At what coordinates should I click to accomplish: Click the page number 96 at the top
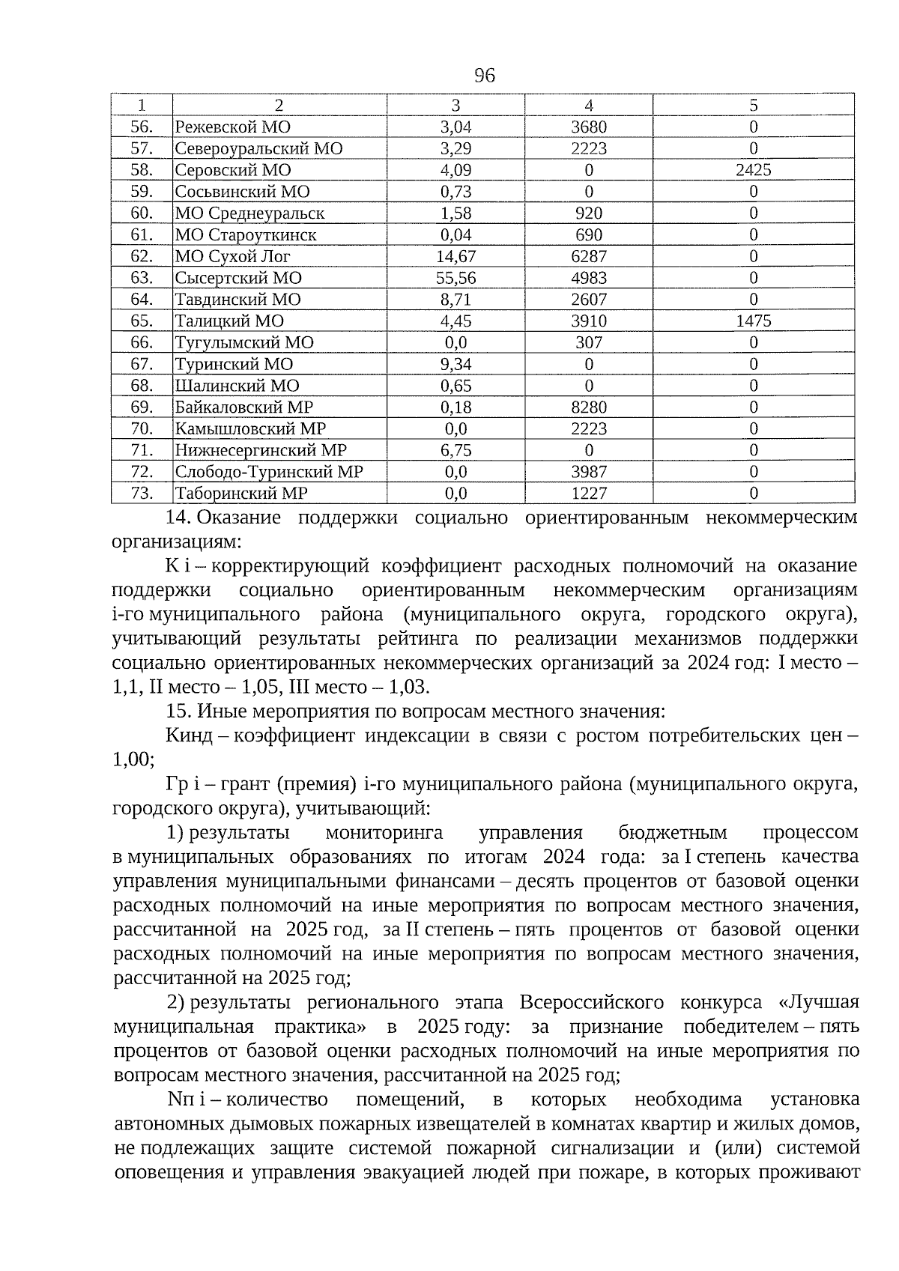[x=485, y=75]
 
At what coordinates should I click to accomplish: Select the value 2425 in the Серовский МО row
[x=753, y=170]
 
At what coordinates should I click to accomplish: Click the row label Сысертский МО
[x=238, y=278]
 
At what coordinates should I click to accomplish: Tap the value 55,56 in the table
[x=455, y=278]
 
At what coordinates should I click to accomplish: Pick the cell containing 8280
[x=588, y=407]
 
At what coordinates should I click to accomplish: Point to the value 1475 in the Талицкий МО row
[x=753, y=321]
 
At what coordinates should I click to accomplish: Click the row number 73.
[x=142, y=494]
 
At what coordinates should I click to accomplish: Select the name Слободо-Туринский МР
[x=269, y=472]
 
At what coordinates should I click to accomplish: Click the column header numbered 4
[x=588, y=106]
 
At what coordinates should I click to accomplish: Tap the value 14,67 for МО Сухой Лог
[x=455, y=256]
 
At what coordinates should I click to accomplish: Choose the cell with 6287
[x=588, y=256]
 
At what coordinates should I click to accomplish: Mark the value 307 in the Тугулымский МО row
[x=588, y=343]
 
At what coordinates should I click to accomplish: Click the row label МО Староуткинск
[x=246, y=235]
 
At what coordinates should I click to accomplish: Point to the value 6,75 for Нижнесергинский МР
[x=455, y=450]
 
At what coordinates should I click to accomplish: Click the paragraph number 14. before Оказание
[x=180, y=518]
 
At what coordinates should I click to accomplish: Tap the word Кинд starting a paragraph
[x=188, y=735]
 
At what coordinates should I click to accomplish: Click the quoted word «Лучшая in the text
[x=820, y=1002]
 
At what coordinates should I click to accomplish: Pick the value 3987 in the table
[x=588, y=472]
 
